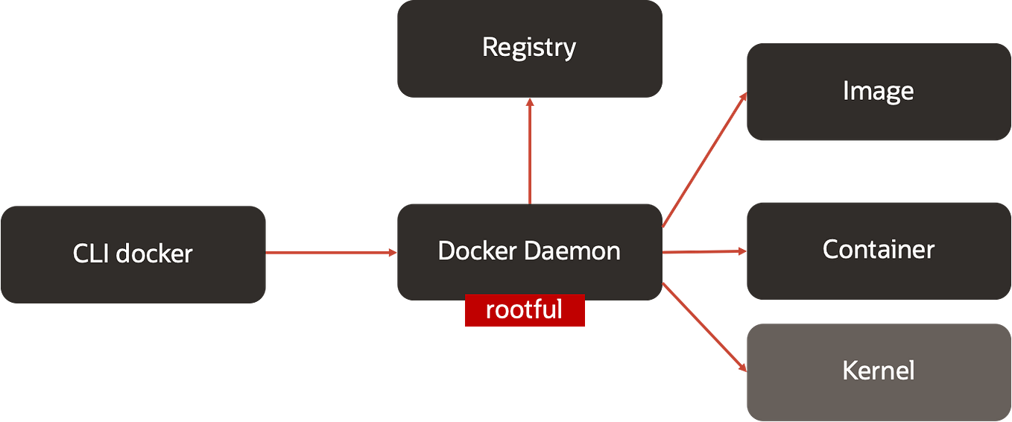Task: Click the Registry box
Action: [528, 49]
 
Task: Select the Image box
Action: [877, 92]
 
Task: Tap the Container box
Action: [877, 250]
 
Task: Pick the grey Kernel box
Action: [877, 371]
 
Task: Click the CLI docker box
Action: [133, 254]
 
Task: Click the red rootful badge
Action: [525, 310]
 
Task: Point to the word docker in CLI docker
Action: [154, 254]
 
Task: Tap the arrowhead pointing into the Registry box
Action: [529, 104]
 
